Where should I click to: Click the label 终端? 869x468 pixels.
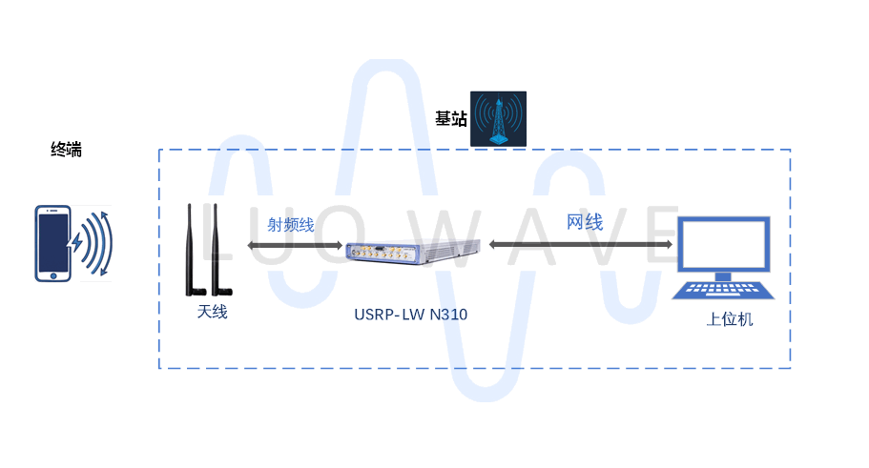(66, 150)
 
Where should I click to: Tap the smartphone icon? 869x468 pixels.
(53, 243)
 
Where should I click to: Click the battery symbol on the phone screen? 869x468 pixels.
(53, 238)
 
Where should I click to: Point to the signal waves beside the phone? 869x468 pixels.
(93, 243)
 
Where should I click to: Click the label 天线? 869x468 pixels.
(212, 312)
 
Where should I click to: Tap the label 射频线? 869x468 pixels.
(290, 225)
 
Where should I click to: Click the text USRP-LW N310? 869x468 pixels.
(409, 314)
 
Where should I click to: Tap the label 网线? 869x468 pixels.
(585, 223)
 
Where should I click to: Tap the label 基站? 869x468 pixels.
(451, 118)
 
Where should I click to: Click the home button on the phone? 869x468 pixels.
(53, 275)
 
